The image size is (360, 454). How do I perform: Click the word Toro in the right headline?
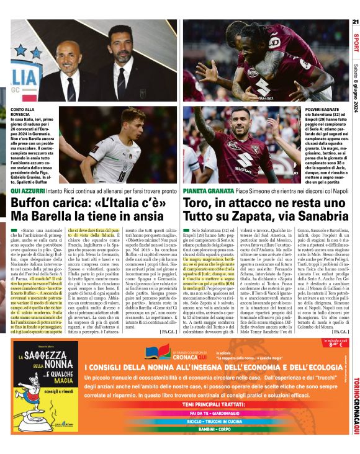pyautogui.click(x=197, y=203)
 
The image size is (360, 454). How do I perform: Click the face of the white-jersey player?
pyautogui.click(x=132, y=124)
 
